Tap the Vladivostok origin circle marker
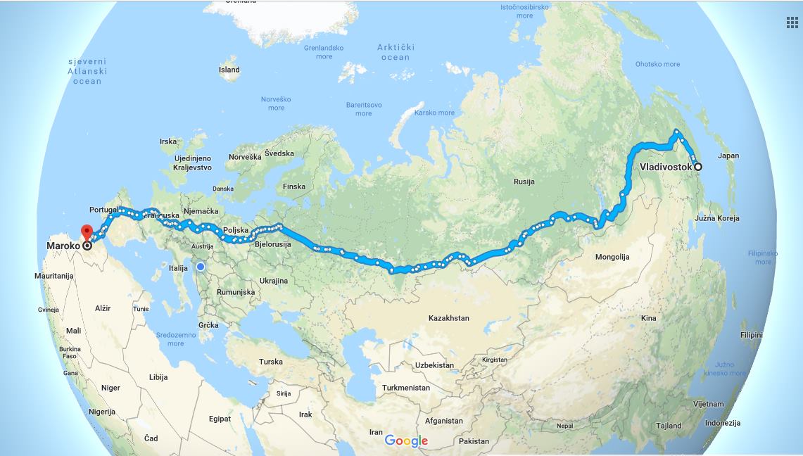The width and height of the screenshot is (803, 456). click(698, 167)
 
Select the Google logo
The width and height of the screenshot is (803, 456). click(406, 441)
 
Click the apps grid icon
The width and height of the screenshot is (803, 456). click(792, 23)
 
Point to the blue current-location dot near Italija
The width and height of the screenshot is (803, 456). click(201, 267)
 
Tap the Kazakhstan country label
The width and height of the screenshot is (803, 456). click(448, 318)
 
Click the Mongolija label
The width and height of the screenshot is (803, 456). click(612, 257)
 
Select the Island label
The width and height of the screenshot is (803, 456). click(229, 70)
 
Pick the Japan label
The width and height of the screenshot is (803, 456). click(728, 156)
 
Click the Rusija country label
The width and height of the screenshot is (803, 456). click(524, 182)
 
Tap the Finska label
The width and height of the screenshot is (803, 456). click(293, 186)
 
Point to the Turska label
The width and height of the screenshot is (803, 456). click(270, 362)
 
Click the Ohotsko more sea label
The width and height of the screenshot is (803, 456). click(657, 64)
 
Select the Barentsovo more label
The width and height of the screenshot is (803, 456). click(363, 109)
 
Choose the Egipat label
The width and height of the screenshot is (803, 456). click(220, 419)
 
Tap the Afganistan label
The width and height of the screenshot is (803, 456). click(444, 421)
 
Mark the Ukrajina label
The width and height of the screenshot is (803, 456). click(273, 281)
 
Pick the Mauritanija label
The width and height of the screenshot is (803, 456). click(54, 276)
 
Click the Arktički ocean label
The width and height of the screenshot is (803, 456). click(396, 52)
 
